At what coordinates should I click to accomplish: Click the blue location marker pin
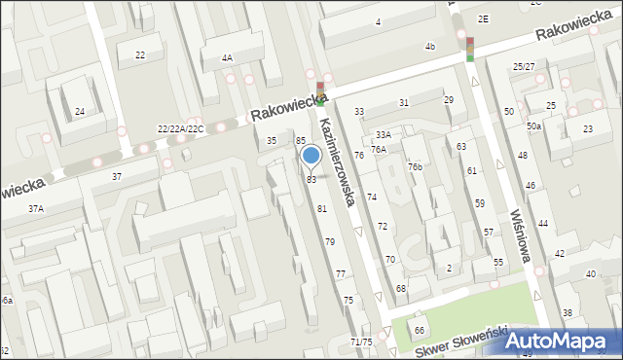point(311,155)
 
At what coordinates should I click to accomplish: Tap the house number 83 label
point(311,180)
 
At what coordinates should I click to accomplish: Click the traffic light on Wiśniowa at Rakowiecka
point(469,49)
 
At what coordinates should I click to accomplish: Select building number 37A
point(36,208)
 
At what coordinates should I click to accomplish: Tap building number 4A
point(227,57)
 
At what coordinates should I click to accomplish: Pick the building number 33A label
point(384,134)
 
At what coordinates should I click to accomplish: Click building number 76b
point(416,167)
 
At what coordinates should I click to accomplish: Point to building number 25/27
point(524,66)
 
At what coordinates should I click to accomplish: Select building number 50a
point(533,126)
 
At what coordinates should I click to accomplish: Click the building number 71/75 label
point(360,342)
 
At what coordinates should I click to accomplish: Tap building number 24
point(80,112)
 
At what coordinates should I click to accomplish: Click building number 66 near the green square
point(420,332)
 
